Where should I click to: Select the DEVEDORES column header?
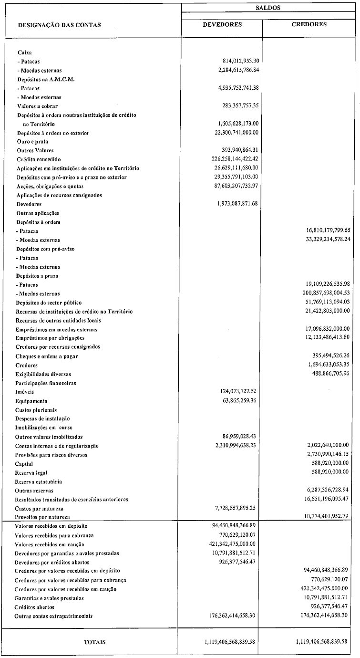[222, 25]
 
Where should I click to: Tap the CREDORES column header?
[309, 25]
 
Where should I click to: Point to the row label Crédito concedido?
[39, 159]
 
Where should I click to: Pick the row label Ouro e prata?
[32, 142]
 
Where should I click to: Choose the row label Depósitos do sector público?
[49, 303]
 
